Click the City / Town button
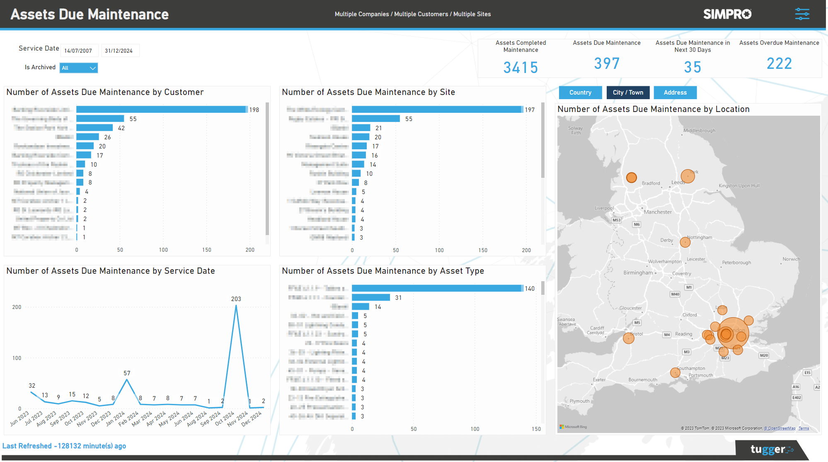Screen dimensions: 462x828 click(628, 92)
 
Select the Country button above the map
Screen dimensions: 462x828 click(580, 92)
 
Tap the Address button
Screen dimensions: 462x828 click(675, 92)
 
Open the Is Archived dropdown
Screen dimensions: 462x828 click(79, 68)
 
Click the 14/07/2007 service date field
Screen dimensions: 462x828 click(79, 51)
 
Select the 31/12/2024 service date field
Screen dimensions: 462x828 click(120, 51)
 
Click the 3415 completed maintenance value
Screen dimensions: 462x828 click(521, 68)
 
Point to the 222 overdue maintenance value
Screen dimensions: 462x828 click(779, 64)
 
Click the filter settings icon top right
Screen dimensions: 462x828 click(802, 14)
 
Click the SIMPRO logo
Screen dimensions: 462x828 click(727, 14)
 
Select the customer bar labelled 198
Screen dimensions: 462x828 click(161, 109)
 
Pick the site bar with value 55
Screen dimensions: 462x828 click(376, 119)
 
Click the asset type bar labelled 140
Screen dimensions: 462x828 click(437, 288)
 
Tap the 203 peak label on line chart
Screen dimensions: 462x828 click(236, 299)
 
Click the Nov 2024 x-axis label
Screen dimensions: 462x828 click(237, 418)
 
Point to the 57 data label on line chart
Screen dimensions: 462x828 click(127, 373)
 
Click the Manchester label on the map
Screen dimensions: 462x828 click(658, 212)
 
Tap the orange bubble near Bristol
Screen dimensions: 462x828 click(628, 338)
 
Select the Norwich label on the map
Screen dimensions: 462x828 click(791, 259)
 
